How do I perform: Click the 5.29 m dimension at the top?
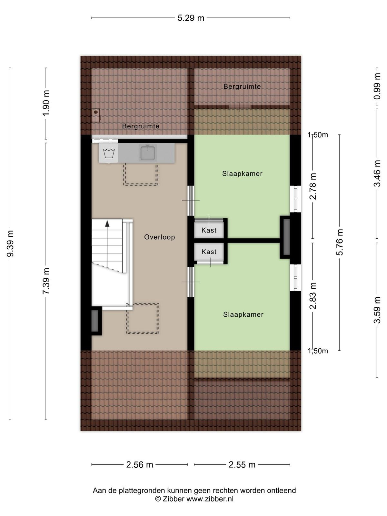click(x=191, y=18)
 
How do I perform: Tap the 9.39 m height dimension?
click(x=10, y=243)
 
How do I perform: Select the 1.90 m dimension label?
click(x=46, y=103)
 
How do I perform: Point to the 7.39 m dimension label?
click(x=46, y=281)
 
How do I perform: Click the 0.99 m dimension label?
click(x=377, y=86)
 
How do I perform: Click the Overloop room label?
click(x=160, y=237)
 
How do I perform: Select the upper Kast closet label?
click(x=209, y=230)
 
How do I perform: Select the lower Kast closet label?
click(x=209, y=252)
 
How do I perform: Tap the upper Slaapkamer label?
click(x=242, y=174)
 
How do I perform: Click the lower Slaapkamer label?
click(x=243, y=314)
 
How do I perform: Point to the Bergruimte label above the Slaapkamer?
click(x=242, y=86)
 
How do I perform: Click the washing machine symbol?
click(x=109, y=153)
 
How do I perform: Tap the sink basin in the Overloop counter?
click(x=148, y=153)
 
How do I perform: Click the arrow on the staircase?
click(x=107, y=223)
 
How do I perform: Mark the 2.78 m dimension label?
click(x=313, y=186)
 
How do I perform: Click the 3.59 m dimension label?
click(x=377, y=310)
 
